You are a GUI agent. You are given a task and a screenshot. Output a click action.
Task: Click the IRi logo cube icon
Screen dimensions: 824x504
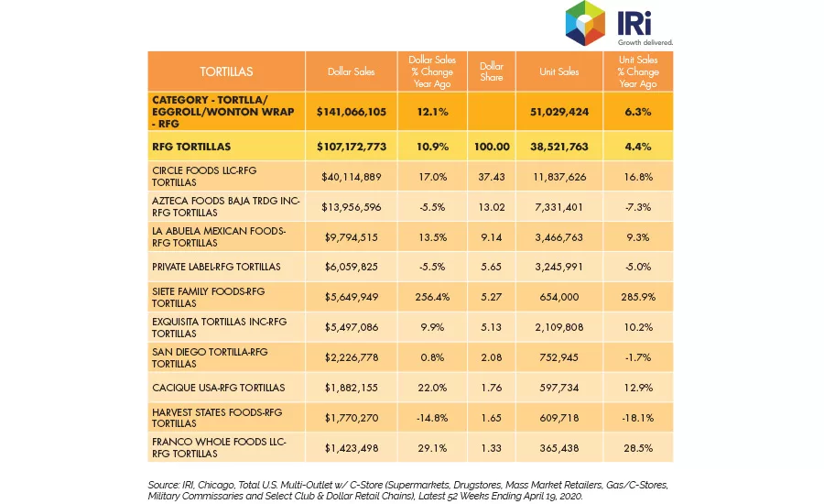(585, 23)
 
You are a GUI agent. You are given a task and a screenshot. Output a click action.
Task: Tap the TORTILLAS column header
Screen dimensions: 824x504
(226, 71)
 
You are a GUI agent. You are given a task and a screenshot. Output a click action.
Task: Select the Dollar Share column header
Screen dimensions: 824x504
(492, 71)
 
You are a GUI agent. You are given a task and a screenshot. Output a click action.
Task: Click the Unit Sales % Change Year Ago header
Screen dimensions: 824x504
(638, 71)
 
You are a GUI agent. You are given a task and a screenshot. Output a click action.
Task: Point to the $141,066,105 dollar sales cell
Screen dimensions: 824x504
(351, 112)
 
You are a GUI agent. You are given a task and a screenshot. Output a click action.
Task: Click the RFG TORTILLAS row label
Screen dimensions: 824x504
(191, 147)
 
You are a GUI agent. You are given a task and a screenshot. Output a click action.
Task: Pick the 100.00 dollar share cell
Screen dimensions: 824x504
(492, 147)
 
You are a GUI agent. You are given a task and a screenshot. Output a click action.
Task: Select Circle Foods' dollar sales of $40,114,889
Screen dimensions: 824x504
(351, 177)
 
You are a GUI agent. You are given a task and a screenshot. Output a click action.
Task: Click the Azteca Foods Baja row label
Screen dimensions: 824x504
(226, 207)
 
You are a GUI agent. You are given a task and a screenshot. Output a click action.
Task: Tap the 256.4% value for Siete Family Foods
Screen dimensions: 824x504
(432, 297)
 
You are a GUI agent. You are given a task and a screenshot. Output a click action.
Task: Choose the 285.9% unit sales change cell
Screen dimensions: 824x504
(638, 297)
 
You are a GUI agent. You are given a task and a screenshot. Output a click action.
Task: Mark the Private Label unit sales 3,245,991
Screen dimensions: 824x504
(558, 267)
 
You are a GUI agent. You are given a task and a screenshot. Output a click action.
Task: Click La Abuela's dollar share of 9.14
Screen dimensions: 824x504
(492, 237)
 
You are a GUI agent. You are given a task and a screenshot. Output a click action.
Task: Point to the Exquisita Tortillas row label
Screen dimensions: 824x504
(219, 327)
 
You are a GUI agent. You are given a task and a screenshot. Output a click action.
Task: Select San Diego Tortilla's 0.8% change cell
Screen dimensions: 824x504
(432, 357)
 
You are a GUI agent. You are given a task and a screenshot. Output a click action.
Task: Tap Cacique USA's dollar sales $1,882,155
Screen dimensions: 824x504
(351, 388)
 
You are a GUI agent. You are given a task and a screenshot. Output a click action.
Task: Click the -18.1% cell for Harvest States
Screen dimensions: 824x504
(638, 418)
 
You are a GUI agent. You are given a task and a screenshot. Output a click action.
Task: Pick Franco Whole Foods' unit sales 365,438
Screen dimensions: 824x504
(558, 448)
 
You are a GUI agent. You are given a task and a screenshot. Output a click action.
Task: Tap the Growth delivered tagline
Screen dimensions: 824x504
(645, 42)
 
